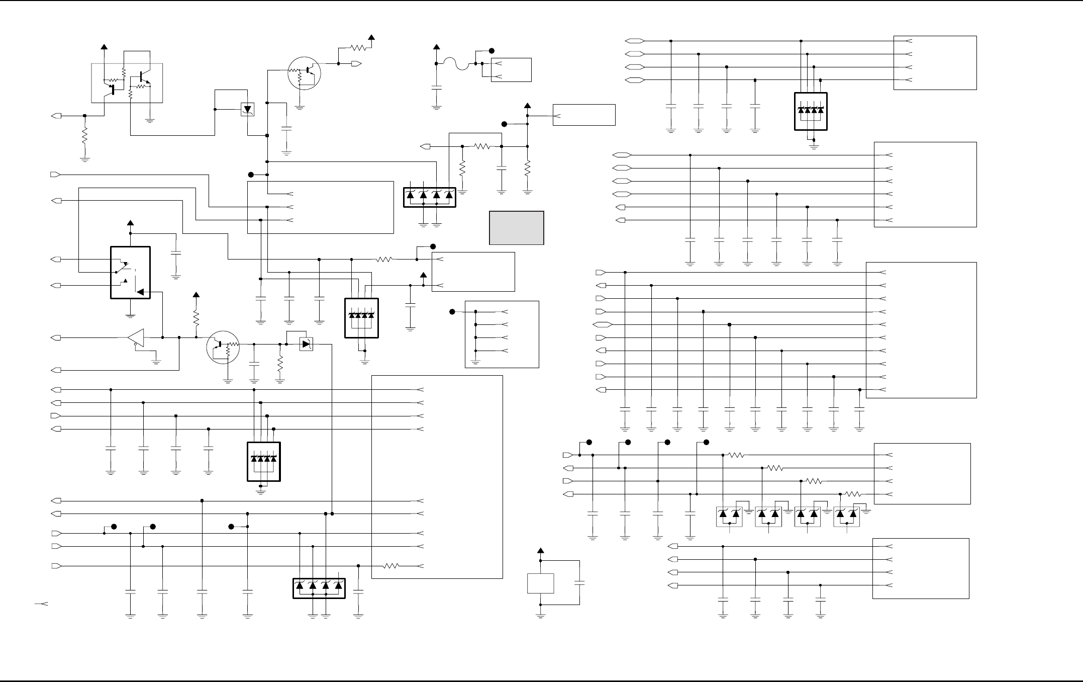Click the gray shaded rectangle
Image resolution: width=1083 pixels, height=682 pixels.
[x=517, y=228]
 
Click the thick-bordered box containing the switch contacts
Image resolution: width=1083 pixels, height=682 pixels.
[x=130, y=272]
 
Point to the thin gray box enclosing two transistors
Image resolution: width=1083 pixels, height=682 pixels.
[x=127, y=83]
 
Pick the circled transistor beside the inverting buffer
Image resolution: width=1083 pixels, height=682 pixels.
[x=223, y=347]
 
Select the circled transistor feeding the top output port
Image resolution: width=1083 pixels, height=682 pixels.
[x=304, y=72]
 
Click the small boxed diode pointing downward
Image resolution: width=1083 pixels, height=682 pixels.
[x=248, y=109]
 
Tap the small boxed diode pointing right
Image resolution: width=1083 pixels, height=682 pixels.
[x=306, y=345]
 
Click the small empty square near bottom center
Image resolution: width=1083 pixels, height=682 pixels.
[x=540, y=583]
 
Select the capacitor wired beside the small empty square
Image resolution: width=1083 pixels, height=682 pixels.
[x=579, y=583]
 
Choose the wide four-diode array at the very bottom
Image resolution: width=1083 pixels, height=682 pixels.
[x=319, y=588]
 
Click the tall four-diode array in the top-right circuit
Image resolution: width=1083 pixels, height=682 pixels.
[x=811, y=111]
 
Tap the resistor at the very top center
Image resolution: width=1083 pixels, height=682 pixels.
[x=358, y=48]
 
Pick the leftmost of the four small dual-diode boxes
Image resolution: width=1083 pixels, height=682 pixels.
[x=729, y=517]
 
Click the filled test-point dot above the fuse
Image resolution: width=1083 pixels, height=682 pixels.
[x=491, y=51]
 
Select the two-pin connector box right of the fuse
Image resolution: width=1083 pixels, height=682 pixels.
[x=511, y=70]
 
